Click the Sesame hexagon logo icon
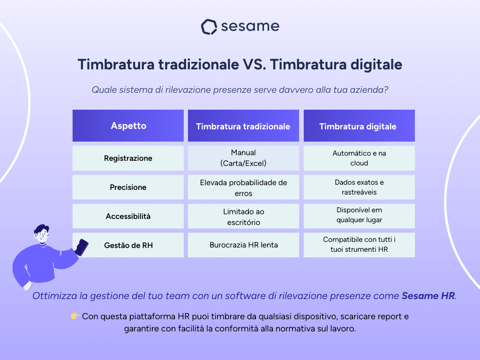pos(209,27)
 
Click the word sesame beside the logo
pos(250,26)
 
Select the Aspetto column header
pos(128,126)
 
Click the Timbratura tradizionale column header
pos(243,126)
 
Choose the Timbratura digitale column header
pos(359,126)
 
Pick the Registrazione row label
pos(128,158)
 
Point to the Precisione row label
pos(128,187)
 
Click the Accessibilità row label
pos(128,217)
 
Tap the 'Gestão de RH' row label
pos(128,245)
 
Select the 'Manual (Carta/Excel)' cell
pos(243,158)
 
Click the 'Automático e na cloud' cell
pos(359,158)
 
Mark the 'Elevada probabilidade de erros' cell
pos(243,187)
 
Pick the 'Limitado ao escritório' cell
pos(243,217)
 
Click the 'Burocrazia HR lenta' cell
pos(243,245)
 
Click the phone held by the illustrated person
pos(82,247)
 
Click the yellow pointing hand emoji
pos(75,316)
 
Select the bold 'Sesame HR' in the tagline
pos(428,296)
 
